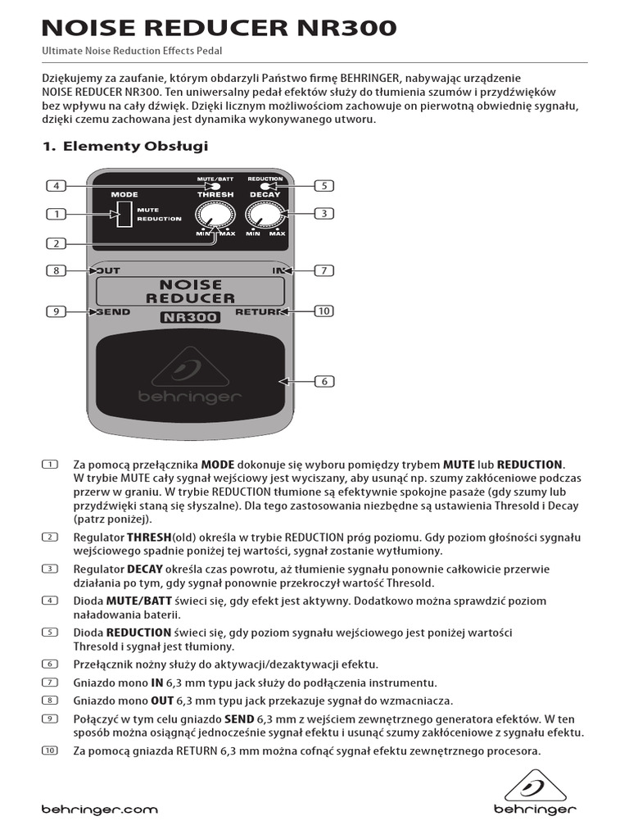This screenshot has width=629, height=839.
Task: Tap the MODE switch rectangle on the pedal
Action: coord(124,215)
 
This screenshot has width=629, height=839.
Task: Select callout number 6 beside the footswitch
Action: coord(324,381)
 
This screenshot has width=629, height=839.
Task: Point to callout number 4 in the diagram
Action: coord(56,186)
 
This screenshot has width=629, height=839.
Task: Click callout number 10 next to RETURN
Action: coord(324,311)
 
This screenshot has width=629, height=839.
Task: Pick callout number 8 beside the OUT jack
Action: coord(56,270)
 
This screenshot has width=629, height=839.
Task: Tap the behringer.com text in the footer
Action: coord(99,810)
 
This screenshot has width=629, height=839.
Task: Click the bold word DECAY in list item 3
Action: coord(144,569)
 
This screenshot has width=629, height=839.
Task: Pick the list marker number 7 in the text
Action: coord(50,683)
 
